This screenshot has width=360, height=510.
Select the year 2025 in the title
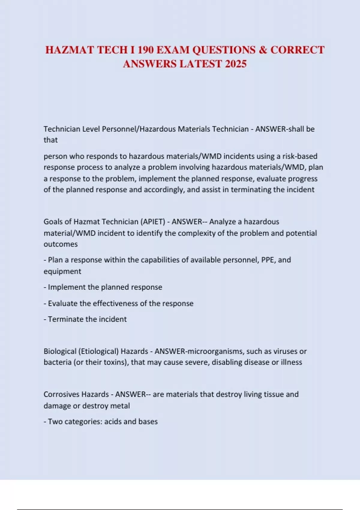(235, 64)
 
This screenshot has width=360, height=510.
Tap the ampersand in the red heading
(263, 50)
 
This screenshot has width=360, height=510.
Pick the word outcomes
(61, 244)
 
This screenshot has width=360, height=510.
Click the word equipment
(62, 271)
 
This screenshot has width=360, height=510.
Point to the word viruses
(285, 351)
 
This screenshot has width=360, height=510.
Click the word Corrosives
(61, 394)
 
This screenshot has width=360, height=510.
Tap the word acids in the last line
(113, 421)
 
